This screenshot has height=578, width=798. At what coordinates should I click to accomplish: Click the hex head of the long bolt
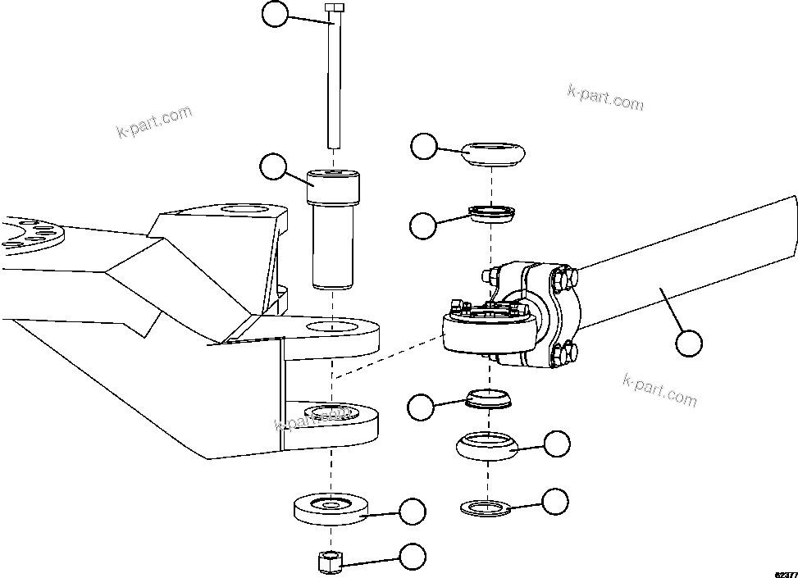335,8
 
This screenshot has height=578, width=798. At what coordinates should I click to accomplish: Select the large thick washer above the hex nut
331,509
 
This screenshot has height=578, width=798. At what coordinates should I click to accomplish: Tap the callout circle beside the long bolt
275,14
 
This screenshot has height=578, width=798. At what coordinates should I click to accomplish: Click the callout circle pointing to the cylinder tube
690,343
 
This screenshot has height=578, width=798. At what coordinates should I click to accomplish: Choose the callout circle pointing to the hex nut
413,558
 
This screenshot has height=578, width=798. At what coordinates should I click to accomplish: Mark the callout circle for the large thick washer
413,511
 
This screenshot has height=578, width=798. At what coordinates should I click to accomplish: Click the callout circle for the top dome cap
423,147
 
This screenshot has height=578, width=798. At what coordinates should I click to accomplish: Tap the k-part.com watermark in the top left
154,121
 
